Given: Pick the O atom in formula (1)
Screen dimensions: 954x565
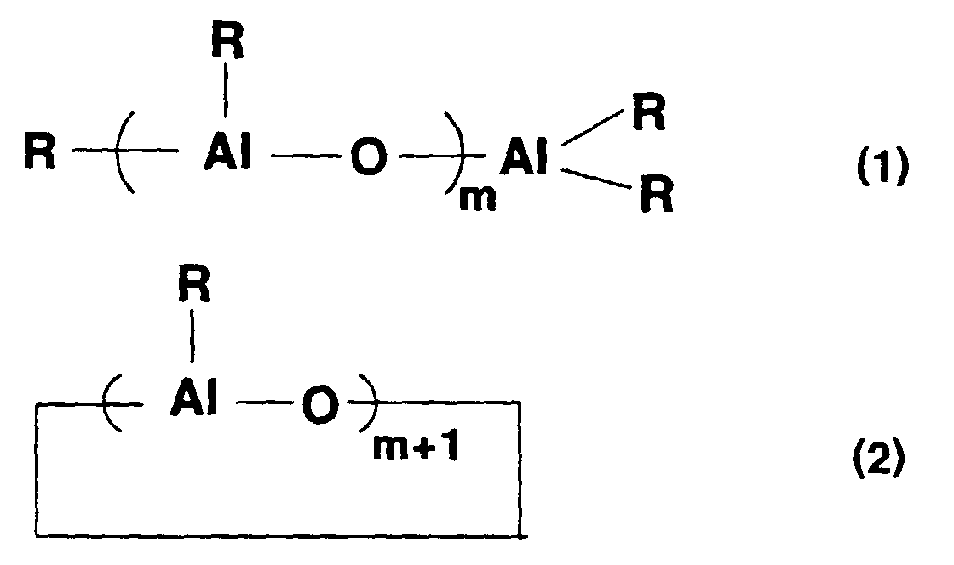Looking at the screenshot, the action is tap(368, 160).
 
